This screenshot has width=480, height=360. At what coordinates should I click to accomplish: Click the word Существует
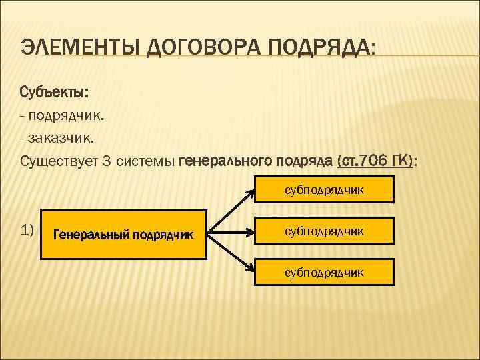click(63, 161)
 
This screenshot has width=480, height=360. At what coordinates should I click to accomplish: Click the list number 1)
click(27, 231)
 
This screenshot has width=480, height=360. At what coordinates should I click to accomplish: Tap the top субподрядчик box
click(324, 190)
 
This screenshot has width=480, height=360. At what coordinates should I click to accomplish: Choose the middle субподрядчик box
click(324, 231)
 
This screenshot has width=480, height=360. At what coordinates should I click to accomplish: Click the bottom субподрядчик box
click(324, 272)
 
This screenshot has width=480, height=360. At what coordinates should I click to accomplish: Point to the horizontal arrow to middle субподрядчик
click(231, 233)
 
